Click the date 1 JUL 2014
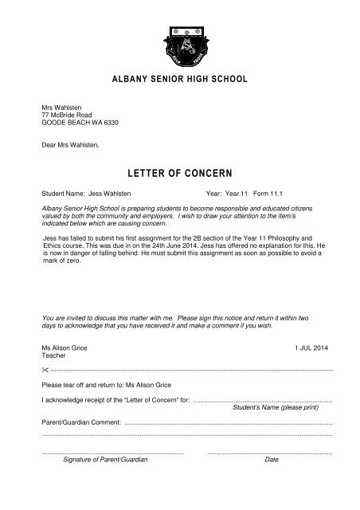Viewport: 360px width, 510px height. [x=316, y=328]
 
